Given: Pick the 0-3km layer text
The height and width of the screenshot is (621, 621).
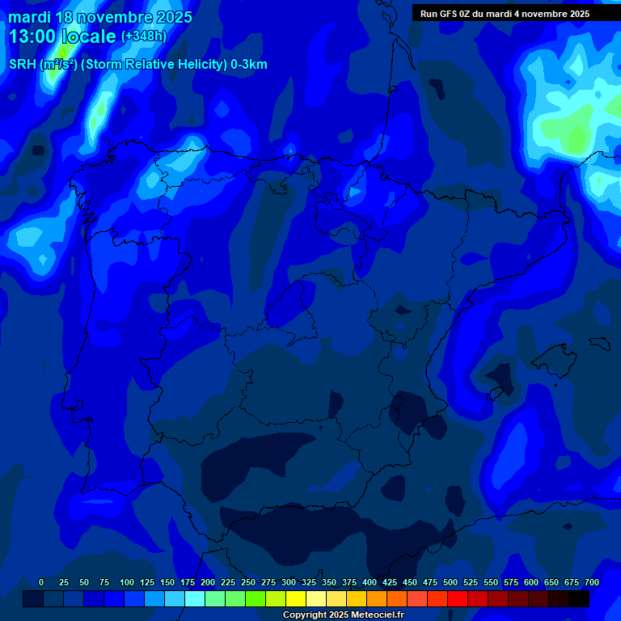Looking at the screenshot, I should pos(249,65).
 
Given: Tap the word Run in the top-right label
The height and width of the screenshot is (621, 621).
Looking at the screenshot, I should pos(429,14).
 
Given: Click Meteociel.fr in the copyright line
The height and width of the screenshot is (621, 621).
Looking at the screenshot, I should pos(371,615).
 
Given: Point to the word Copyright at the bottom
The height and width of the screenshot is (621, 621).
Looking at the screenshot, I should pos(306,615).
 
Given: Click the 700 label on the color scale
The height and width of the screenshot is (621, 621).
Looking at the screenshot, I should pos(592,582).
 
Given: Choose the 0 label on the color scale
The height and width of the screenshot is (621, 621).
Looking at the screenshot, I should pos(41,582).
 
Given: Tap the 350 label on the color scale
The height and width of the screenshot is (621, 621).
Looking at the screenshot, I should pos(329,582).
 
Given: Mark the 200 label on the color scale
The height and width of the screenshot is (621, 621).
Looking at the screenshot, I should pos(208,582).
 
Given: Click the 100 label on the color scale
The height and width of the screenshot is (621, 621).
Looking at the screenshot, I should pos(127,582).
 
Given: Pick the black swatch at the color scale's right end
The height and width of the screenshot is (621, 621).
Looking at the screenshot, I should pos(579,599).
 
